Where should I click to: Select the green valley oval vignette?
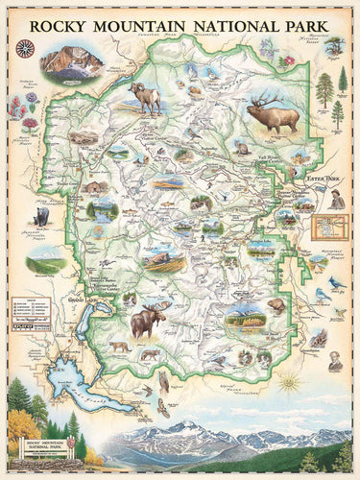point(45,262)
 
